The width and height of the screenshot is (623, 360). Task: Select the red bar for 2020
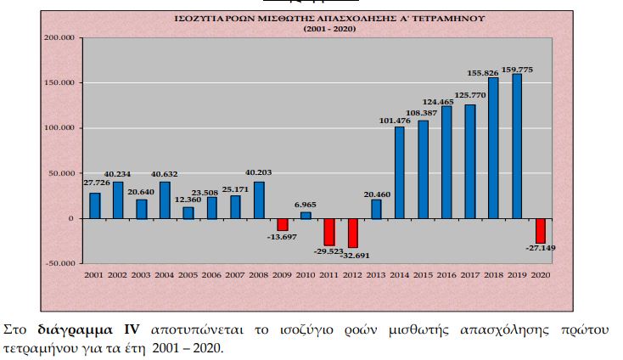(x=540, y=231)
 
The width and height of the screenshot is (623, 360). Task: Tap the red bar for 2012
(x=353, y=233)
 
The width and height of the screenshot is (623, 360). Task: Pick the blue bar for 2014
(x=400, y=172)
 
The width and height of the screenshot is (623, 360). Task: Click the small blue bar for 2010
(x=306, y=215)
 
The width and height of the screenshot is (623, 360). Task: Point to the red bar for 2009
(x=283, y=224)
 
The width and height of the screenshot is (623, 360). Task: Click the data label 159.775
(x=518, y=69)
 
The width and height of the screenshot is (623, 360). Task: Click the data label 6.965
(x=306, y=205)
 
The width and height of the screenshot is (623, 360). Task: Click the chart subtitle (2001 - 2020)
(x=331, y=29)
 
